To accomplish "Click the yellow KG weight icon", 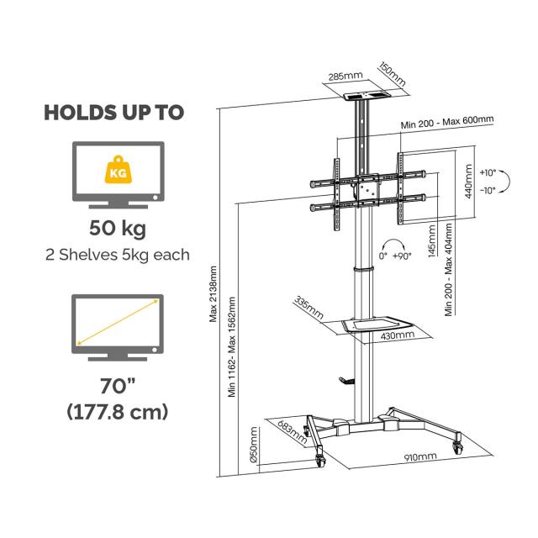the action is tap(118, 170).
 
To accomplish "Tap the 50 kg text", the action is tap(118, 229).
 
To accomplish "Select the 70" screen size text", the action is tap(118, 386).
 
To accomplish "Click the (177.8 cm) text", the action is tap(118, 411).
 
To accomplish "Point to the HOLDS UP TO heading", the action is tap(114, 112).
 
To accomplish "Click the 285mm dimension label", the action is tap(345, 76).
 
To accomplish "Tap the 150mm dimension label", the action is tap(393, 74).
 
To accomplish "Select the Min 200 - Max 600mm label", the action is tap(447, 121).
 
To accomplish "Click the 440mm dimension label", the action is tap(468, 182).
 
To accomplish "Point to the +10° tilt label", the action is tap(488, 172).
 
